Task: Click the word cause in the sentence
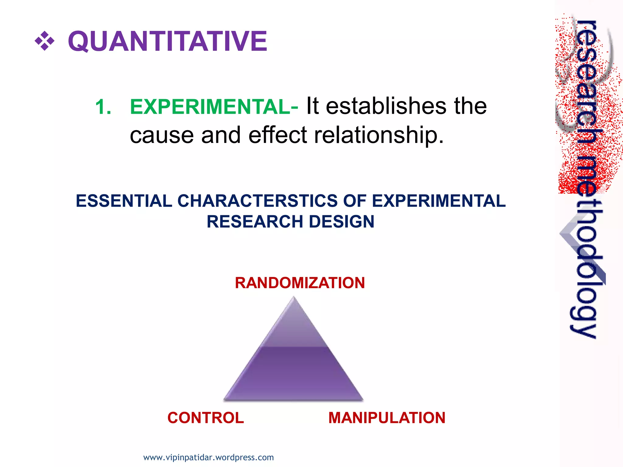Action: [x=162, y=135]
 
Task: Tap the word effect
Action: [x=277, y=135]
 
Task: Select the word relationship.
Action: [x=379, y=135]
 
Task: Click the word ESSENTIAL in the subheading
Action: [x=124, y=201]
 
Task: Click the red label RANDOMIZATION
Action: [x=300, y=283]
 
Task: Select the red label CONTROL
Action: [x=206, y=418]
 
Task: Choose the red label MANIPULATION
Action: [x=387, y=418]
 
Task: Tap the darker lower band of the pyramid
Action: [x=294, y=374]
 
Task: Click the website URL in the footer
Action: [x=208, y=457]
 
